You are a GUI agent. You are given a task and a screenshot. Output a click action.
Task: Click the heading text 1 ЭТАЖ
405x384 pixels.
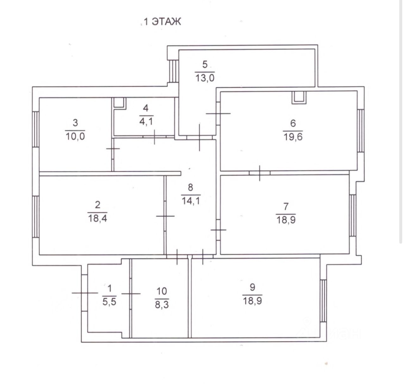click(162, 22)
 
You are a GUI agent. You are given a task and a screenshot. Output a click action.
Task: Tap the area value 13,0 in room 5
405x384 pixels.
click(205, 78)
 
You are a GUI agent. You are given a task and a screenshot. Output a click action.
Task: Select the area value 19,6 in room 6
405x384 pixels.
click(293, 137)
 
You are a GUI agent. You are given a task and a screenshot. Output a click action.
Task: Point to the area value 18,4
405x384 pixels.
click(97, 218)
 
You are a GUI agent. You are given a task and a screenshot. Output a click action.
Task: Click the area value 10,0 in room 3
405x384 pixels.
click(75, 137)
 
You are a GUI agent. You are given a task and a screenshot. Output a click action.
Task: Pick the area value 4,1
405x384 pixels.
click(146, 121)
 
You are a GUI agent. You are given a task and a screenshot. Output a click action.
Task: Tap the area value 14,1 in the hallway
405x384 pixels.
click(190, 201)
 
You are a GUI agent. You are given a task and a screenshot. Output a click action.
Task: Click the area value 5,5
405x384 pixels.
click(109, 302)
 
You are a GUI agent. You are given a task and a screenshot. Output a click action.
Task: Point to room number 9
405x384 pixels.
click(252, 287)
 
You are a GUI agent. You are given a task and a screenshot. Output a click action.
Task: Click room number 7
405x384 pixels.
click(286, 207)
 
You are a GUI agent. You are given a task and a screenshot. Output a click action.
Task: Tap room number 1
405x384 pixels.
click(109, 288)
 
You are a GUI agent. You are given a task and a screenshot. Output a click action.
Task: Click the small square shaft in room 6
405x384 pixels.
click(299, 97)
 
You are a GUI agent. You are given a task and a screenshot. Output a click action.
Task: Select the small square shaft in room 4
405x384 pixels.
click(120, 103)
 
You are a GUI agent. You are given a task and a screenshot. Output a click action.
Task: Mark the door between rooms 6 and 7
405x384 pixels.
click(259, 173)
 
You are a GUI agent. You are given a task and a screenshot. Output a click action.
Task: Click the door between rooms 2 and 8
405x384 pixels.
click(165, 216)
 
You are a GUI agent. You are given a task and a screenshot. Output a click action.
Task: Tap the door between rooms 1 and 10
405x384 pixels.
click(130, 294)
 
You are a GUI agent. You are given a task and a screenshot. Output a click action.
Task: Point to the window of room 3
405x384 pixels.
click(36, 129)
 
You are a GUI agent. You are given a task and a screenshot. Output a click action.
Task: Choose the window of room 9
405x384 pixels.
click(323, 300)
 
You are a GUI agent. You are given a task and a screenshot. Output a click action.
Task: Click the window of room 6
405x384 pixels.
click(360, 131)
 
